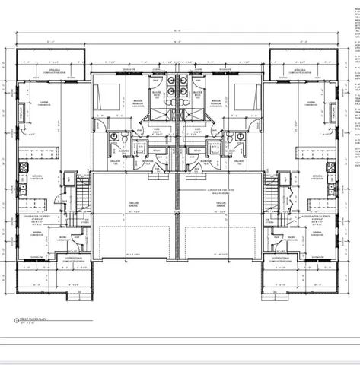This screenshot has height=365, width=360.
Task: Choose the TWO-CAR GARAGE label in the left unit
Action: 134,204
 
